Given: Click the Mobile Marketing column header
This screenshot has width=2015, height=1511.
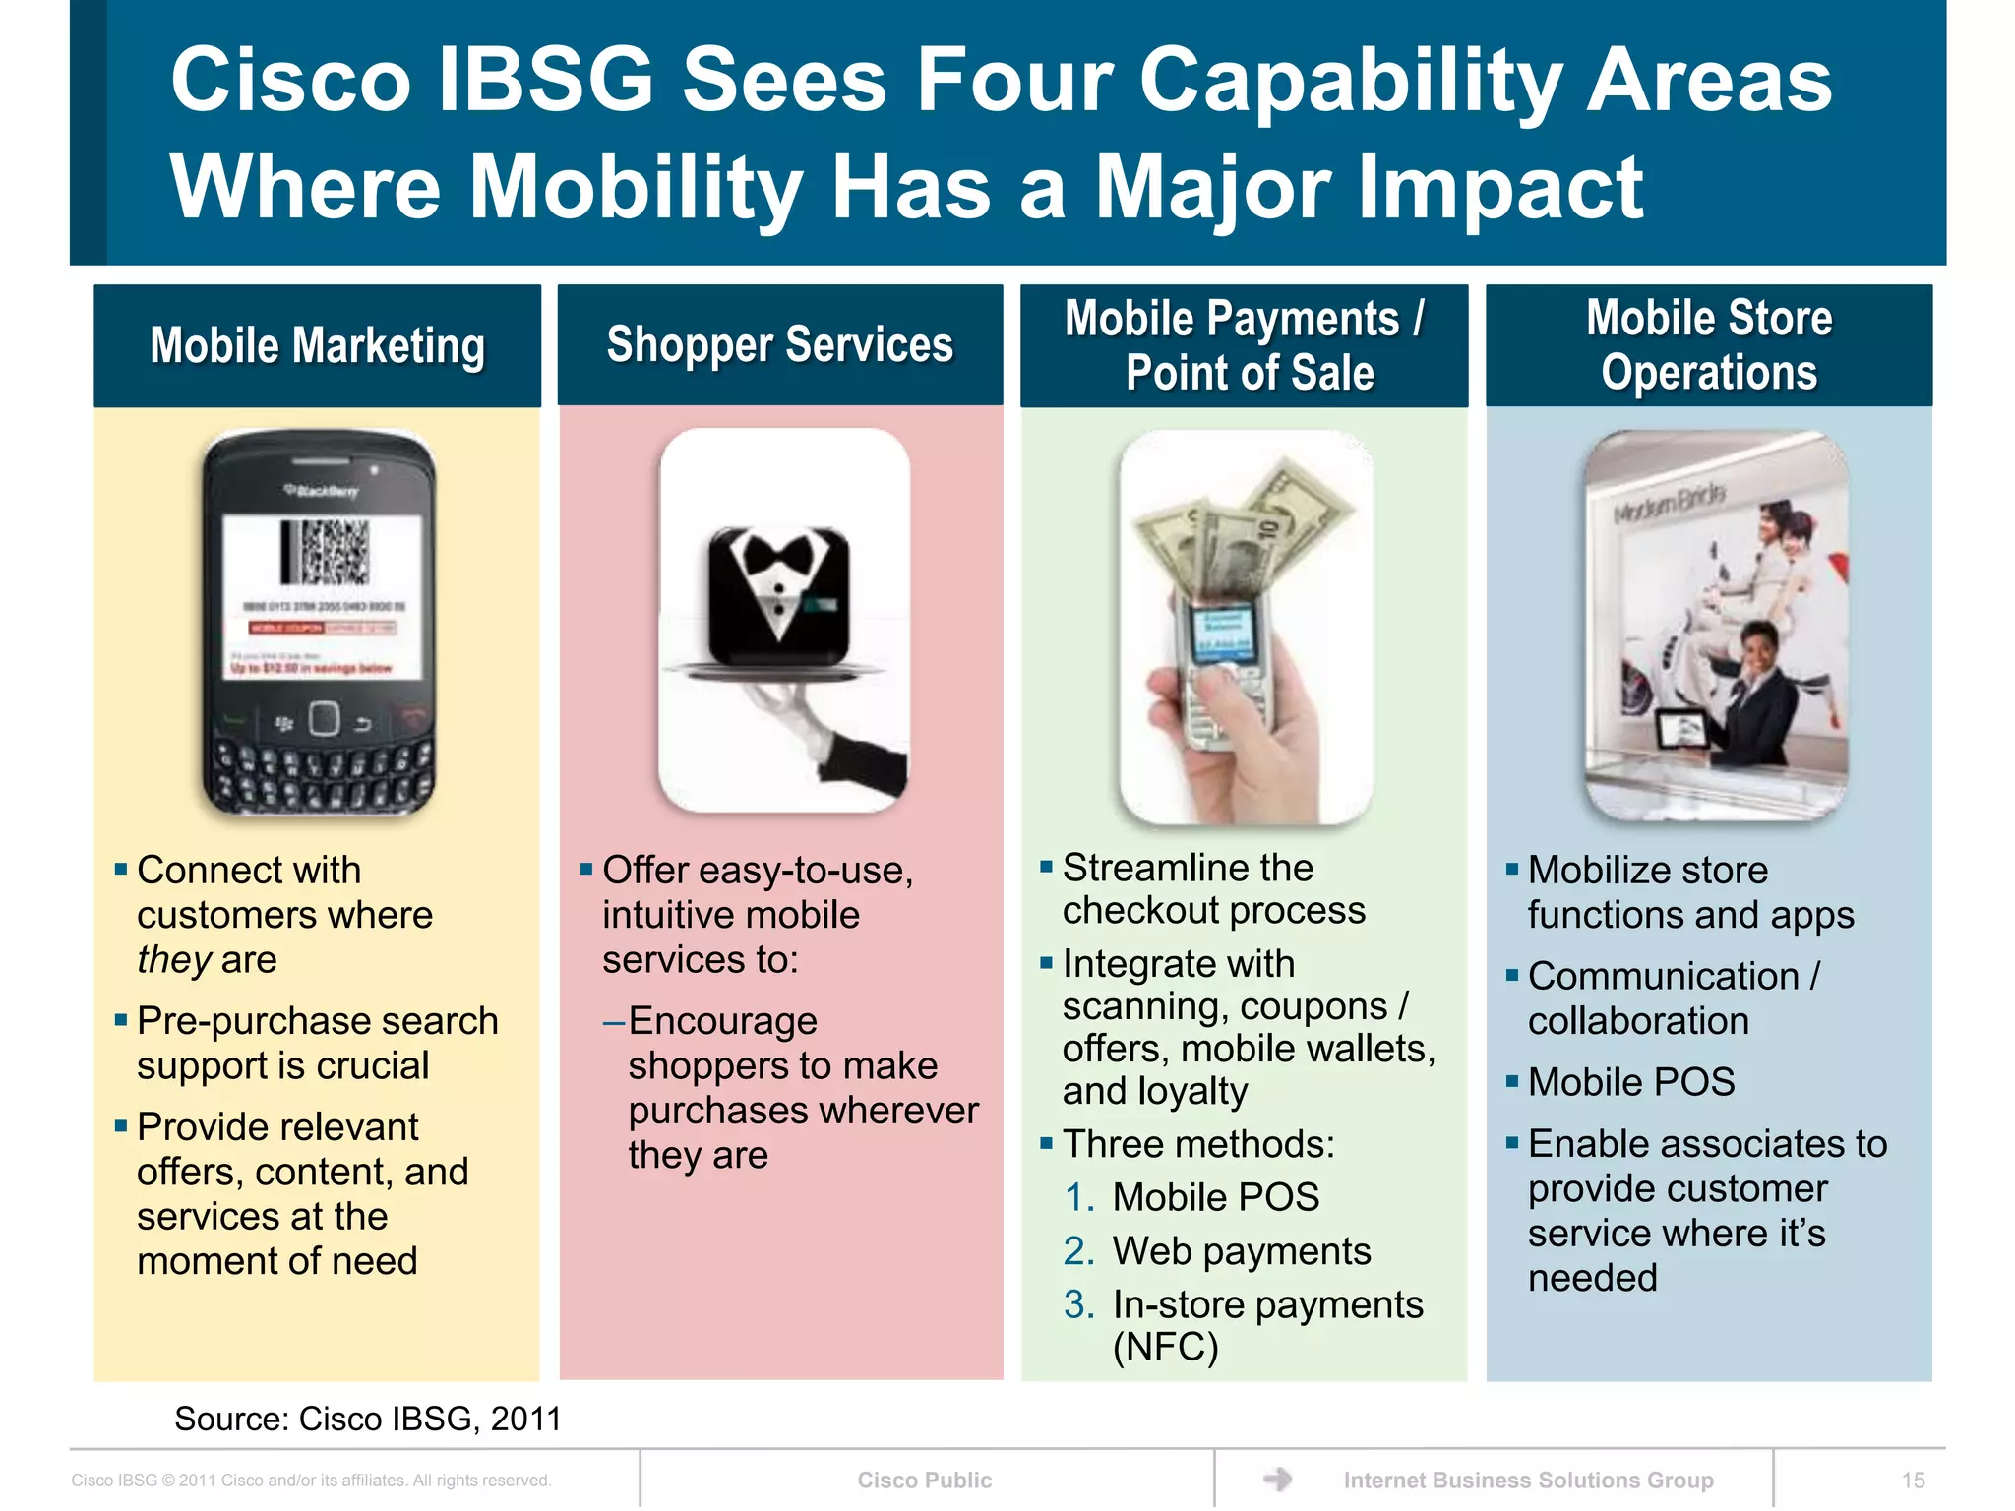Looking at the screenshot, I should (317, 346).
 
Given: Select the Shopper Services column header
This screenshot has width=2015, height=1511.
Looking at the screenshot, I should (779, 345).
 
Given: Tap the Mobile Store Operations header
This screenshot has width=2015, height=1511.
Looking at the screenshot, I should (1708, 345).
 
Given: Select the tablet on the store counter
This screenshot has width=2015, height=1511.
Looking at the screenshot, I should (1682, 731).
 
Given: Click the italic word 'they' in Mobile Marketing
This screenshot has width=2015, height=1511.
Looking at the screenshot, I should (174, 960).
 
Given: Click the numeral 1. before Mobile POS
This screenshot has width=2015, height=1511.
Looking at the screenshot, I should (1078, 1198).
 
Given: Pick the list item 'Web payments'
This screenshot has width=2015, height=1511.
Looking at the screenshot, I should (1241, 1251).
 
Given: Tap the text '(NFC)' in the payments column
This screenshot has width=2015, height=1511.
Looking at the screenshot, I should (1165, 1347).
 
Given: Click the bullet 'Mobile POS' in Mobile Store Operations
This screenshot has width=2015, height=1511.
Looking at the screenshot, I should (1630, 1082).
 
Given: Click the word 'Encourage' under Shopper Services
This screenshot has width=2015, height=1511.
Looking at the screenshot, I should (722, 1021).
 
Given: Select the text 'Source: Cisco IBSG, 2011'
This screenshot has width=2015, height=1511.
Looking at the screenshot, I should (367, 1419).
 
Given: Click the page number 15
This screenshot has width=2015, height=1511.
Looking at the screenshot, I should (1913, 1481).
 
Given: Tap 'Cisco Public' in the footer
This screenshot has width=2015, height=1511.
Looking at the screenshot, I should (924, 1481).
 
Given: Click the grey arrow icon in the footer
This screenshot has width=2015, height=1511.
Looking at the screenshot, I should (1277, 1479).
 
